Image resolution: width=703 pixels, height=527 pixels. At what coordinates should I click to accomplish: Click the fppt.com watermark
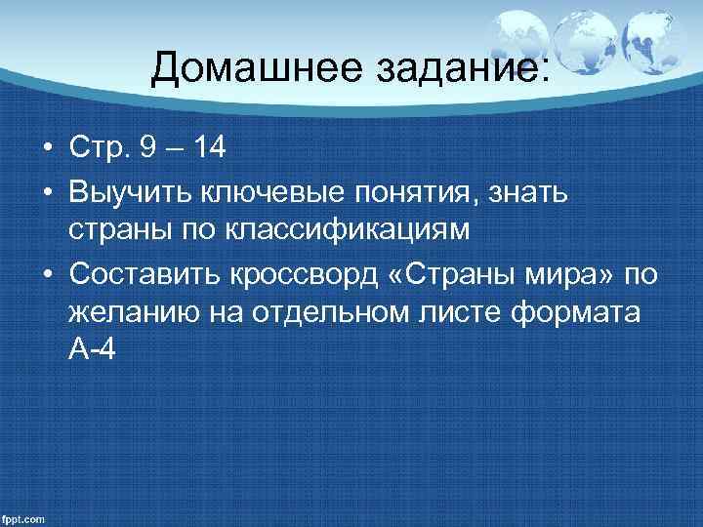pos(23,518)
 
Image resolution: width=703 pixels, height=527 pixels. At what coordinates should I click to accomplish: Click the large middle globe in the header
pos(584,43)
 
